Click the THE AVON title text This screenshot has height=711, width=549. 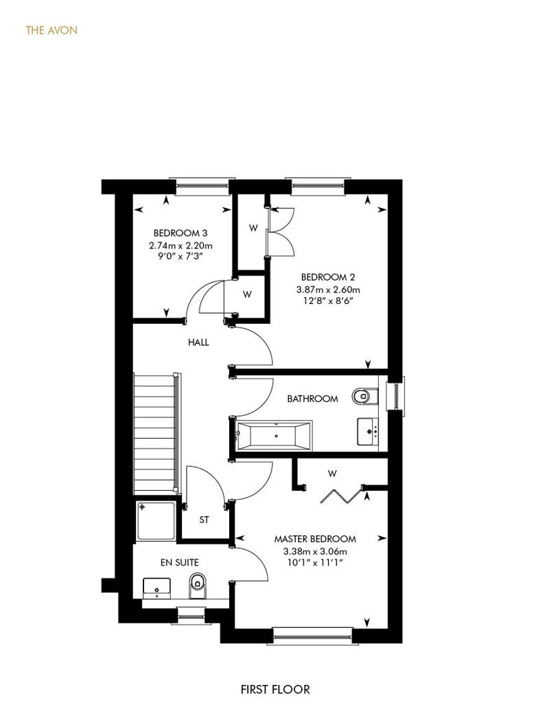click(x=51, y=30)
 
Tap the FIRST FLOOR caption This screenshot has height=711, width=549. click(x=275, y=690)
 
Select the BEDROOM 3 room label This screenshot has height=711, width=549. click(x=180, y=233)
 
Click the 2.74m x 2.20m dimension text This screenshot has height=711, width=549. click(x=180, y=246)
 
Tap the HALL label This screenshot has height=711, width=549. click(x=198, y=342)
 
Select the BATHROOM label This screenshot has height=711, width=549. click(x=312, y=399)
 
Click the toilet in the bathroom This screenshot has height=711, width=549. click(x=365, y=396)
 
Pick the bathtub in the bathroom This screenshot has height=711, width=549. click(x=274, y=436)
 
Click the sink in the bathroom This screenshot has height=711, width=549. click(x=368, y=432)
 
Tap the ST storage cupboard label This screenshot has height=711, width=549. click(x=204, y=520)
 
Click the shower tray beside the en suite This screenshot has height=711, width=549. click(x=156, y=520)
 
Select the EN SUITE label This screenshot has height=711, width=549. click(x=180, y=563)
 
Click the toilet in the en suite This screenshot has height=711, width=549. click(x=197, y=585)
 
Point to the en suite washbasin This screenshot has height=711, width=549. click(x=157, y=588)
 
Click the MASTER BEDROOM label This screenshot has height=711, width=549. click(x=315, y=539)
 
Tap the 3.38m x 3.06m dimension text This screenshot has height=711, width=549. click(x=315, y=552)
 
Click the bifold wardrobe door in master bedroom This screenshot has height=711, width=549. click(x=341, y=496)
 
